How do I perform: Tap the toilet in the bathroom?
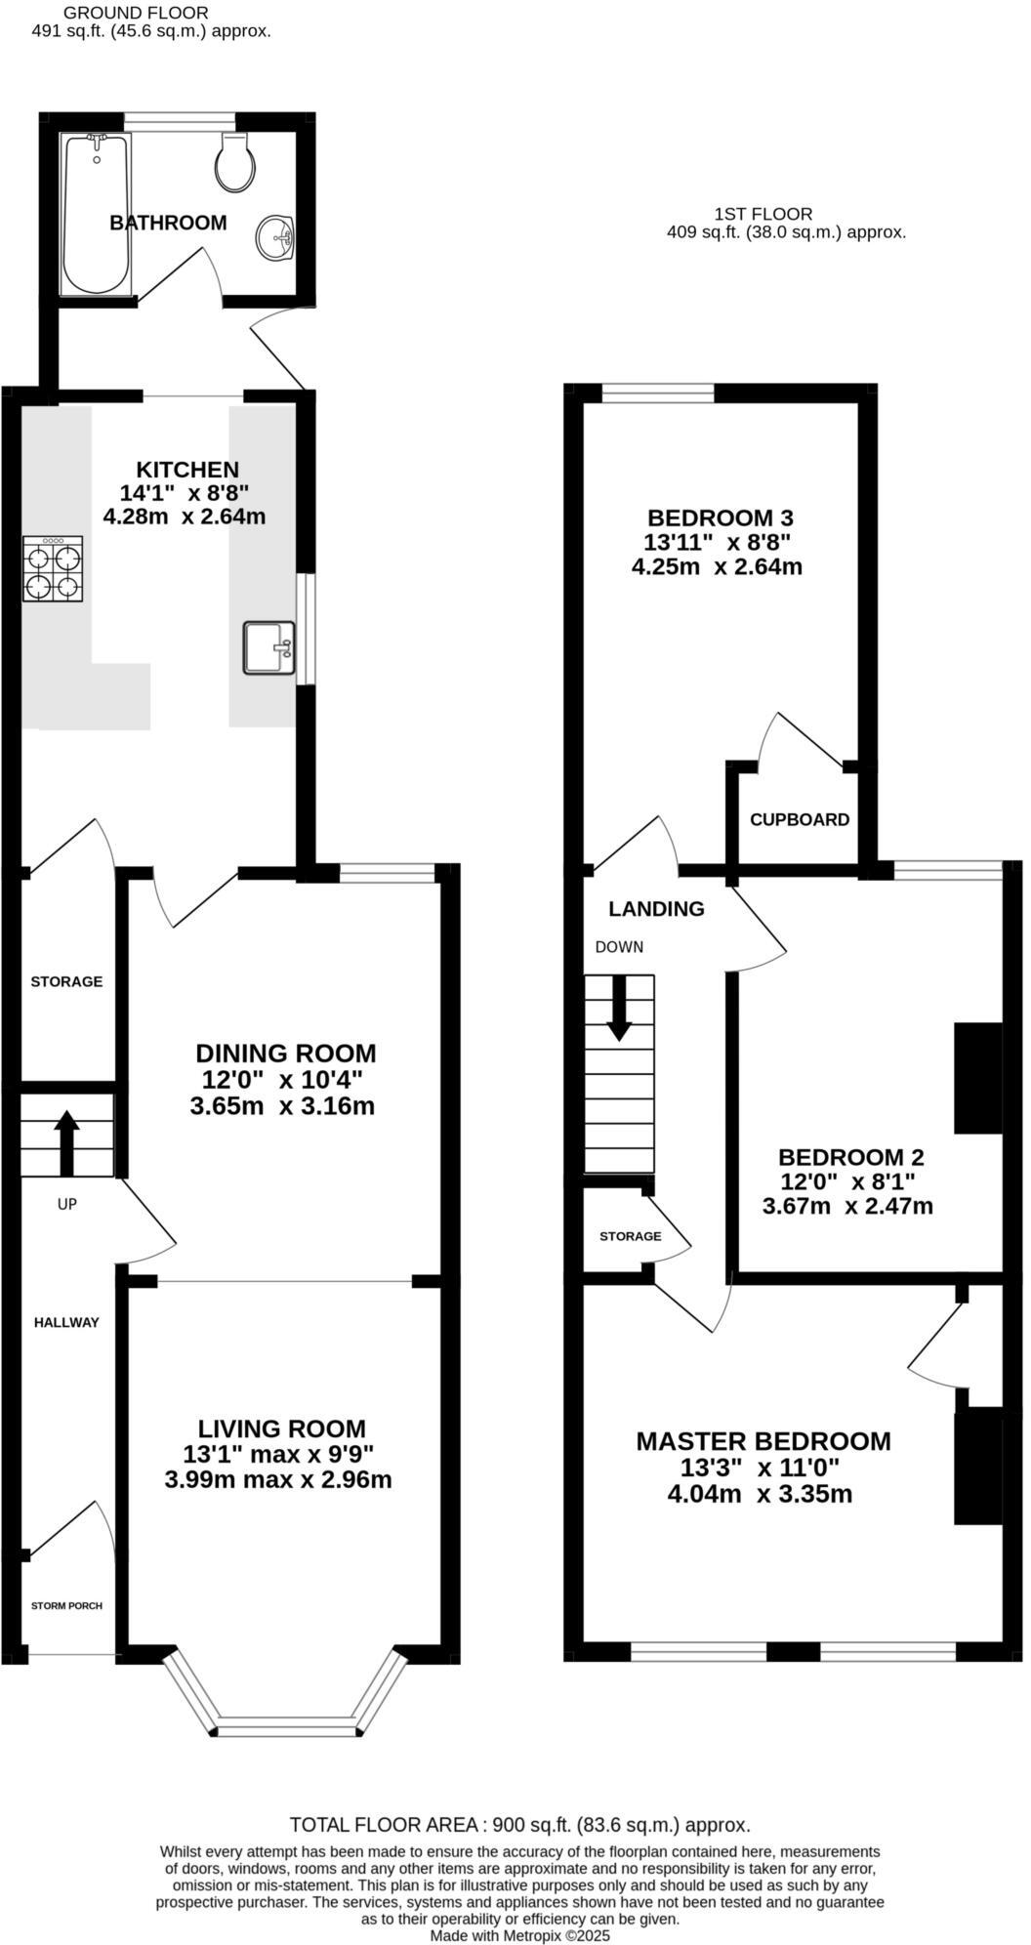pos(234,162)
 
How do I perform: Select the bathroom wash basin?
pos(277,236)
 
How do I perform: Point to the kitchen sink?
pos(268,647)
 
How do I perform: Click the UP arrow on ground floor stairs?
pos(66,1141)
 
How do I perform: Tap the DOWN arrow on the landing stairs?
pos(619,1008)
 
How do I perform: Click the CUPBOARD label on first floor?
pos(799,820)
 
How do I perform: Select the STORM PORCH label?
pos(66,1606)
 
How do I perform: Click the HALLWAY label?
pos(66,1323)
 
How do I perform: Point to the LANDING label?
pos(656,909)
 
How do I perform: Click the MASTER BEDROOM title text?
pos(763,1441)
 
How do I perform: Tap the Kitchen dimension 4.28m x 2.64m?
pos(185,517)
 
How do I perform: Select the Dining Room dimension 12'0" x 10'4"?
pos(282,1080)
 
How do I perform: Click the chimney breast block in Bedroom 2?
pos(977,1078)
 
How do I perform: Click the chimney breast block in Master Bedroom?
pos(977,1465)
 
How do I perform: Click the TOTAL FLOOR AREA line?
pos(519,1825)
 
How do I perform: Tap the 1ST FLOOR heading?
pos(763,214)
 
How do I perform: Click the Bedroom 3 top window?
pos(658,393)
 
